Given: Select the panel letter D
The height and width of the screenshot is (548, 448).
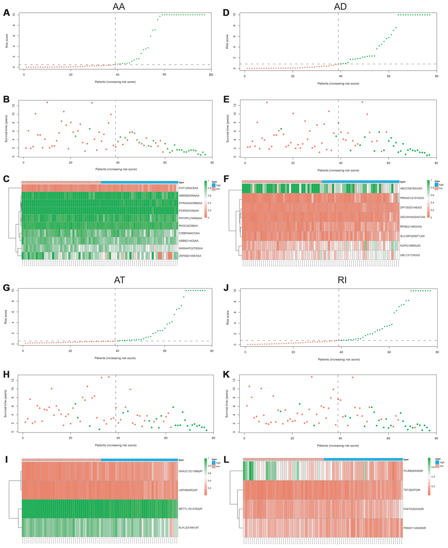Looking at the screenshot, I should tap(225, 13).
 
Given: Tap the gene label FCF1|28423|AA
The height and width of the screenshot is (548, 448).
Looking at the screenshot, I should tap(189, 188).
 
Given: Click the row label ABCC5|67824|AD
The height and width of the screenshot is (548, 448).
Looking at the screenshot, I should tap(411, 188).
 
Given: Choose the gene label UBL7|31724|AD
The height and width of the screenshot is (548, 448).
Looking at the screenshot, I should tap(410, 255).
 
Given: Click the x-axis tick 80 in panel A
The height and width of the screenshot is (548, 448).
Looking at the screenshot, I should tap(211, 74).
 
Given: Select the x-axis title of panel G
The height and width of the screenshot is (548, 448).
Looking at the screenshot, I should tap(115, 358).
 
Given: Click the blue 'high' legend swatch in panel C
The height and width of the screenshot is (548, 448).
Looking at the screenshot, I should tap(214, 185).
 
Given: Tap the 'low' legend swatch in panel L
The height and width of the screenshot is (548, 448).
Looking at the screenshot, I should tap(437, 466).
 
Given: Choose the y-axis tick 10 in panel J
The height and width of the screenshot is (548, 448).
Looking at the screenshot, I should tap(238, 290).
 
